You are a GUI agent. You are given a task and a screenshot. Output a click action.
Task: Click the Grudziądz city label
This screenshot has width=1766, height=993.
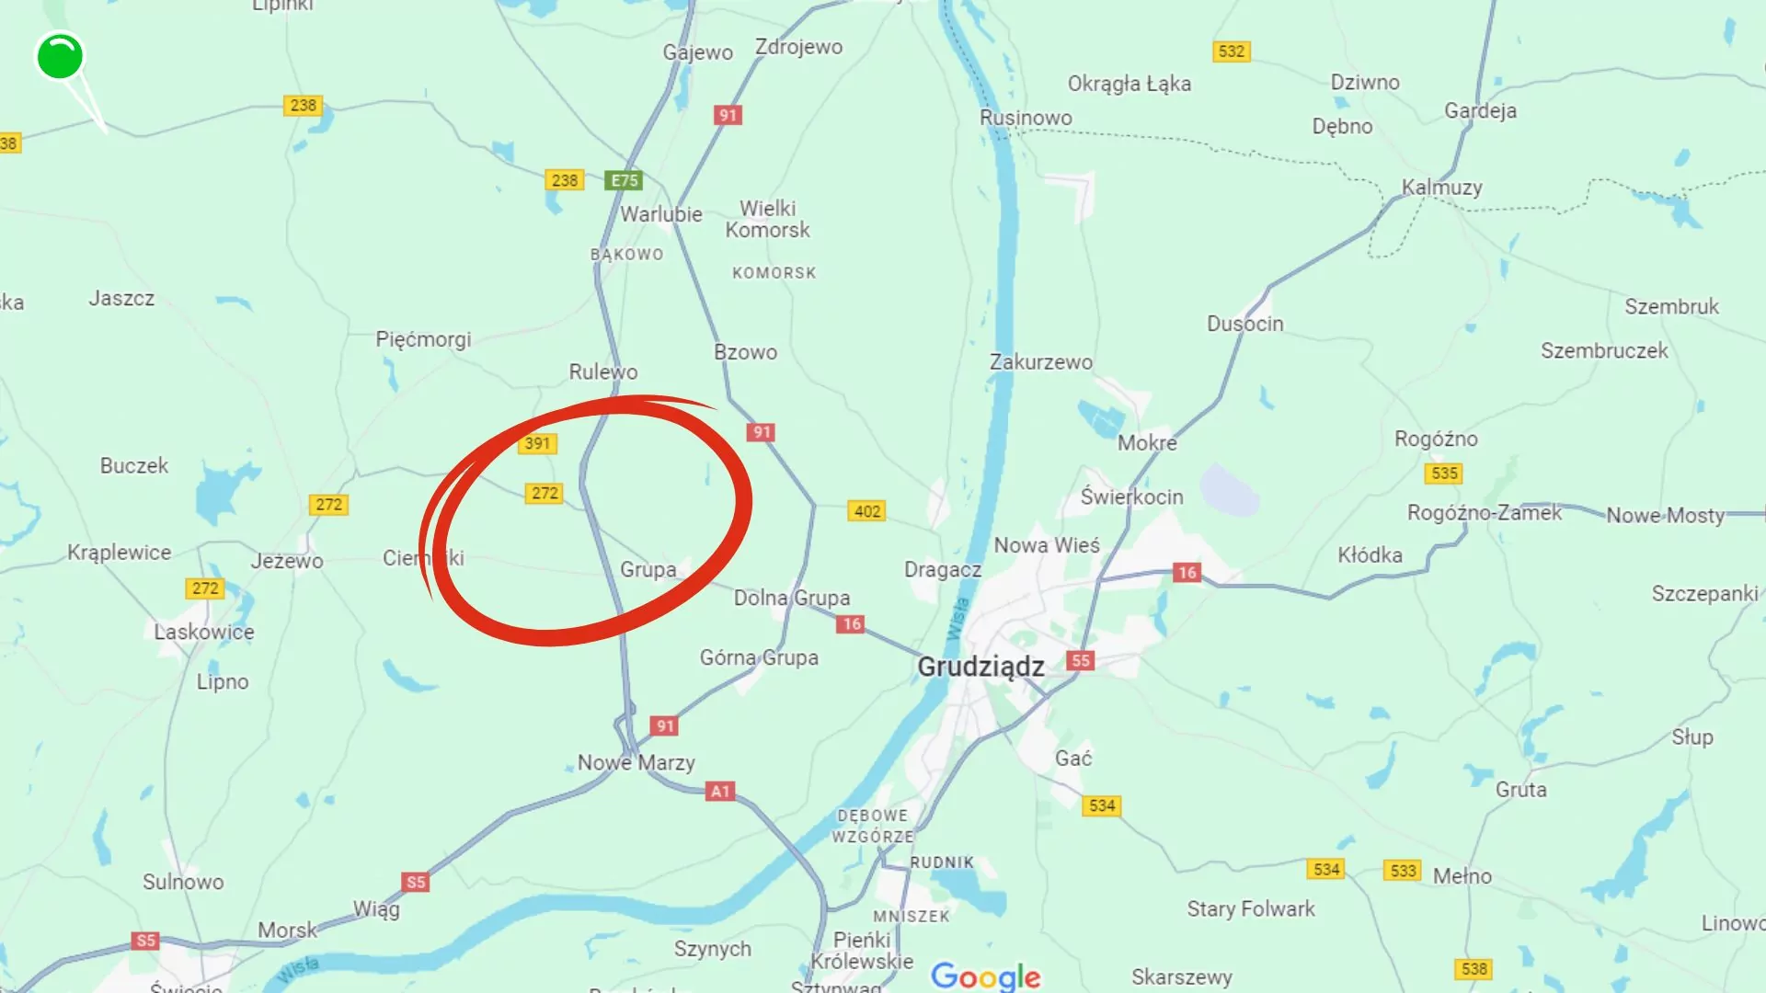click(x=980, y=667)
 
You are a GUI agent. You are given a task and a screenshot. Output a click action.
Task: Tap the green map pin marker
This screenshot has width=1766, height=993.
click(x=60, y=56)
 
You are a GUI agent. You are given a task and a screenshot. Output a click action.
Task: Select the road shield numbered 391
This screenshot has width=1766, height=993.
click(x=537, y=444)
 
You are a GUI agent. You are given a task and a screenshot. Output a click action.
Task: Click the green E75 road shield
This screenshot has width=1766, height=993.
click(x=624, y=180)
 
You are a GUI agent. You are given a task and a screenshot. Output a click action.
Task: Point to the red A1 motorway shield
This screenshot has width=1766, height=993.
click(x=720, y=791)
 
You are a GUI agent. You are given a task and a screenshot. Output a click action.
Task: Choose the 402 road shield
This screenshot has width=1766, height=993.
click(x=866, y=511)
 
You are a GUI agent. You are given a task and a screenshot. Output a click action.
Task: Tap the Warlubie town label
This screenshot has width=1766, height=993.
click(x=660, y=214)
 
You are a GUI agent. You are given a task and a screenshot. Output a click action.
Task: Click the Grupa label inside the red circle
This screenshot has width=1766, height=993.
click(x=648, y=569)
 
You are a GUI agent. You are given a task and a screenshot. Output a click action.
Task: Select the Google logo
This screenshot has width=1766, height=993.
click(x=985, y=976)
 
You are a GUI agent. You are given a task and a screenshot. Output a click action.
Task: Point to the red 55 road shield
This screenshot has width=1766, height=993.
click(x=1081, y=660)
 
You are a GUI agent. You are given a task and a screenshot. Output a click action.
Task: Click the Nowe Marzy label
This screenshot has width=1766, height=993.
click(x=636, y=762)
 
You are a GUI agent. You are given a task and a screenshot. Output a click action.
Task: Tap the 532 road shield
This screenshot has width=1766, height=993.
click(x=1231, y=51)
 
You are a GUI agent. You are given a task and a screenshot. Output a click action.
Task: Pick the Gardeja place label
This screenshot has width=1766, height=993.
click(x=1480, y=111)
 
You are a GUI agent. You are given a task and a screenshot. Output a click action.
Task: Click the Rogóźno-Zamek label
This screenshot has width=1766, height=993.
click(x=1484, y=513)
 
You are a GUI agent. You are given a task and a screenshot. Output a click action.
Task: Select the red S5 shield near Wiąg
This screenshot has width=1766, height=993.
click(x=416, y=882)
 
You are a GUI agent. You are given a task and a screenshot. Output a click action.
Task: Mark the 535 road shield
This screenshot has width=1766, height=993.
click(x=1444, y=474)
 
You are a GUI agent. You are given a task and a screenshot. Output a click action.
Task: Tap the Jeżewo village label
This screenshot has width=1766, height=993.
click(x=287, y=561)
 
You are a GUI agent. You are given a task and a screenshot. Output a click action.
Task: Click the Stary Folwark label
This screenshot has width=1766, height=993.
click(x=1250, y=909)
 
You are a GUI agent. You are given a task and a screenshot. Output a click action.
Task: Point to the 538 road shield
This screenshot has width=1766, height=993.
click(x=1474, y=969)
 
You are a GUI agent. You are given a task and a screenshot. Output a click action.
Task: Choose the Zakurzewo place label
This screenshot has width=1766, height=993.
click(x=1040, y=362)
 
